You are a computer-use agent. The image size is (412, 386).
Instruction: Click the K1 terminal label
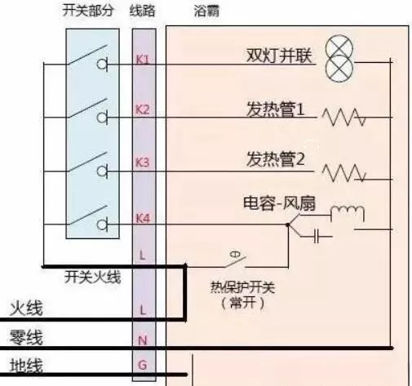click(x=143, y=59)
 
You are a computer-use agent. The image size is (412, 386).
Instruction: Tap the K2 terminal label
click(x=143, y=109)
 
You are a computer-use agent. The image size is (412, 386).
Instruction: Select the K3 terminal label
click(x=143, y=162)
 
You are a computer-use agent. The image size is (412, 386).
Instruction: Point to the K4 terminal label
click(x=143, y=218)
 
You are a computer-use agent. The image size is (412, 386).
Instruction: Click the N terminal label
click(x=143, y=340)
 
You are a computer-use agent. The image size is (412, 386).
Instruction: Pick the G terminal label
click(x=143, y=365)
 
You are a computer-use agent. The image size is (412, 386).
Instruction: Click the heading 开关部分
click(x=87, y=11)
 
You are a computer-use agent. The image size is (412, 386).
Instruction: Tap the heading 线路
click(x=142, y=11)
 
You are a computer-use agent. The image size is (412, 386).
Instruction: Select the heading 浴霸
click(x=206, y=11)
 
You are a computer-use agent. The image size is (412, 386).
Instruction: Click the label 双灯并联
click(x=279, y=55)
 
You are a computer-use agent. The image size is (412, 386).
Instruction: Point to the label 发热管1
click(x=276, y=109)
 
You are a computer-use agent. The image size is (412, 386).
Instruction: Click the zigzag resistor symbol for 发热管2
click(x=344, y=173)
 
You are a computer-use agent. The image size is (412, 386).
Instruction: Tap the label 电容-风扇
click(x=279, y=203)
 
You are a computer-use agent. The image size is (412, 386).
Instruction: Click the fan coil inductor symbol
click(x=348, y=213)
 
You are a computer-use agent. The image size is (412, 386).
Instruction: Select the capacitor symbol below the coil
click(x=317, y=237)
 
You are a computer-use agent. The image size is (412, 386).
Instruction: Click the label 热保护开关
click(x=242, y=286)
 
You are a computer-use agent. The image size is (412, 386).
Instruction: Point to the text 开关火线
click(x=92, y=277)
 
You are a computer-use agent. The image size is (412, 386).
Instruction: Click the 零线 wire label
click(x=26, y=337)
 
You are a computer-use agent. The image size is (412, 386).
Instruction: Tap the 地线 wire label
click(x=26, y=366)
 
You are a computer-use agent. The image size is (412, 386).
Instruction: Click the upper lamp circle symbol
click(x=339, y=50)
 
